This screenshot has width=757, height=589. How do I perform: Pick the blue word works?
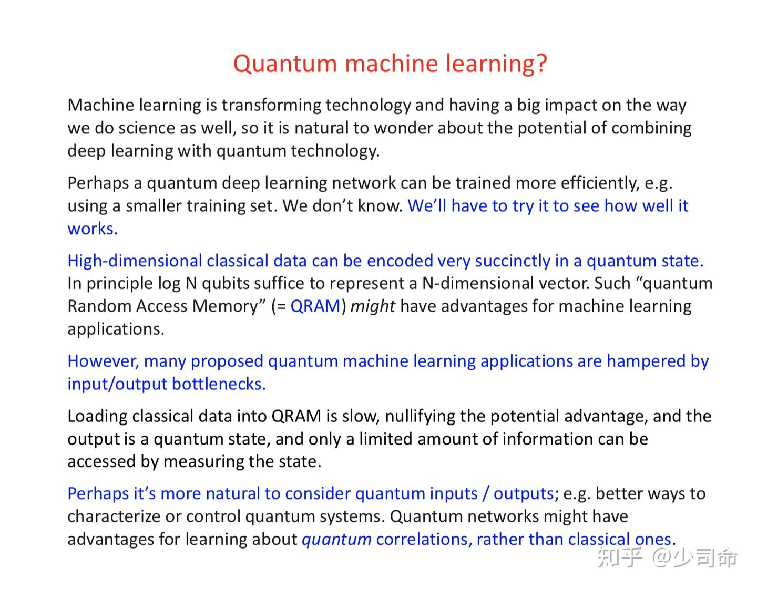pos(92,229)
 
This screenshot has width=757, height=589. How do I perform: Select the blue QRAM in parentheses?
pos(315,306)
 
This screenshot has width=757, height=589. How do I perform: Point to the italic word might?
pos(372,306)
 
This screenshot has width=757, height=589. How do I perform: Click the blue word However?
pos(103,361)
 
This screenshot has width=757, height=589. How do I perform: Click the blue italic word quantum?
pos(336,540)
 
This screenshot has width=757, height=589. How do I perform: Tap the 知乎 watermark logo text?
pos(619,557)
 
